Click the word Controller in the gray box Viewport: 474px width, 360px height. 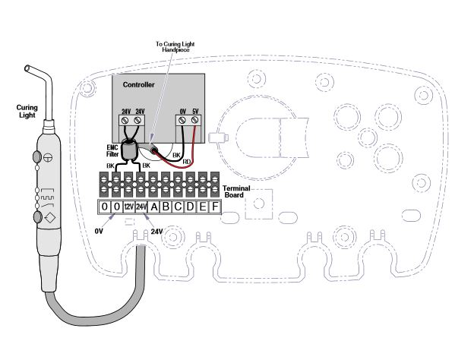[x=139, y=85]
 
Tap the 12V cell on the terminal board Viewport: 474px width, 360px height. [x=129, y=207]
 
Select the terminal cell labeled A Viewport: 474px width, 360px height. [x=154, y=207]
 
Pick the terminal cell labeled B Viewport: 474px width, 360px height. [x=166, y=207]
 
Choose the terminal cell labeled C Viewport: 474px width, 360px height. [x=179, y=207]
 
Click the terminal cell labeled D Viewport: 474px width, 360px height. [x=191, y=207]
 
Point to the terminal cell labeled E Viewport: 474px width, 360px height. [x=203, y=207]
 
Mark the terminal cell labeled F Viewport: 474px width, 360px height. [x=215, y=207]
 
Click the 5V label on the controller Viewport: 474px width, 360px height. [x=196, y=111]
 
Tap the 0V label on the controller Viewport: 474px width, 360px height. [x=183, y=111]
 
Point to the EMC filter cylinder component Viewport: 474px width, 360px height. [x=131, y=147]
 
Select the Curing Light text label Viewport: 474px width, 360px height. [x=27, y=112]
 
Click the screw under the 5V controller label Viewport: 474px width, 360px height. [x=196, y=120]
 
